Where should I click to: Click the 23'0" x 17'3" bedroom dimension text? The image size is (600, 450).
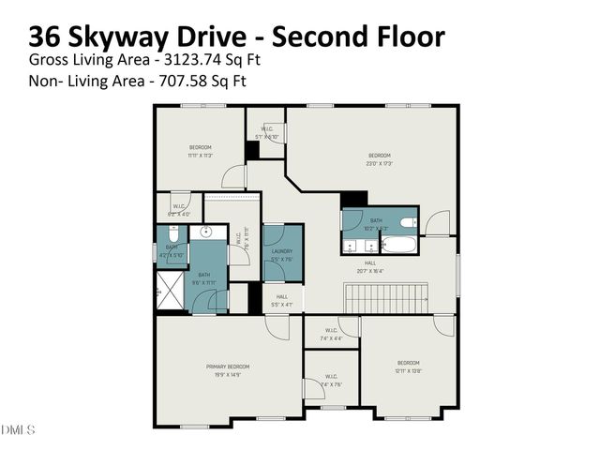[x=379, y=163]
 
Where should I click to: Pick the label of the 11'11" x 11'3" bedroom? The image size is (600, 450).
[x=201, y=147]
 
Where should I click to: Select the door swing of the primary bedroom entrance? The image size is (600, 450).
[x=277, y=325]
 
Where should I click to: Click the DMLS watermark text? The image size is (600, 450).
[x=18, y=430]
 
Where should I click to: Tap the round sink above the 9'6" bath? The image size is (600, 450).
[x=208, y=231]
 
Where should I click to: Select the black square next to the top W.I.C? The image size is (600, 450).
[x=251, y=150]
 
